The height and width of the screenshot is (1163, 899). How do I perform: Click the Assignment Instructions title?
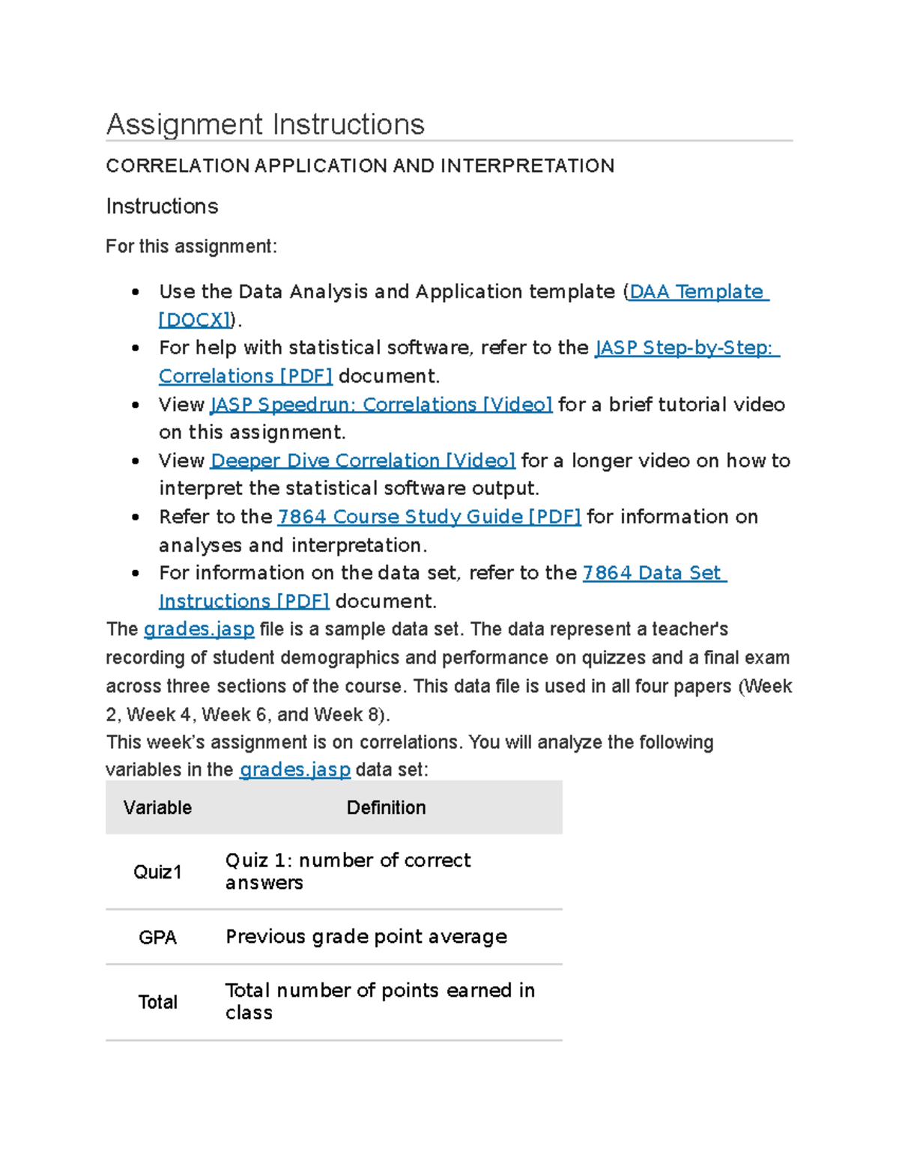(x=265, y=124)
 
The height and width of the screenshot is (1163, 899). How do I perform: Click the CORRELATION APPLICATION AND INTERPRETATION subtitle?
(x=360, y=166)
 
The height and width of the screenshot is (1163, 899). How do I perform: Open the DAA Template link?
(x=696, y=292)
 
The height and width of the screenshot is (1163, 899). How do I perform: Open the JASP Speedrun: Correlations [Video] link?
(x=381, y=405)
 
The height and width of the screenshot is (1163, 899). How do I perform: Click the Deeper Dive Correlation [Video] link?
(x=363, y=461)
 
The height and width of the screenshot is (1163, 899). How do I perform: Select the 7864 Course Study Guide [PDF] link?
(x=429, y=517)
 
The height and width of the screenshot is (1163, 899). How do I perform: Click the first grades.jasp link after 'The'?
(x=199, y=630)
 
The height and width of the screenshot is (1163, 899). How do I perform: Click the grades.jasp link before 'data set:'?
(x=294, y=771)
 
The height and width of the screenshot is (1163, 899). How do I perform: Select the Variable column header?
(x=157, y=808)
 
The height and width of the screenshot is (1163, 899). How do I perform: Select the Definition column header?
(x=386, y=808)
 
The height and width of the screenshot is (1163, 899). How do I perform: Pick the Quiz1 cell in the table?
(x=157, y=872)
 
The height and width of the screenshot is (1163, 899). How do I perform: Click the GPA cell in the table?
(x=157, y=938)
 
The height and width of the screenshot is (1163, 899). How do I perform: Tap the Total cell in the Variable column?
(x=157, y=1003)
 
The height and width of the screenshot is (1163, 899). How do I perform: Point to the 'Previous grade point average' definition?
(x=366, y=938)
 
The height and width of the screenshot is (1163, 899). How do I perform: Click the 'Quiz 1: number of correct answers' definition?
(x=348, y=872)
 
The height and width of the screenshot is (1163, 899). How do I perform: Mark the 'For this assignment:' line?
(x=191, y=247)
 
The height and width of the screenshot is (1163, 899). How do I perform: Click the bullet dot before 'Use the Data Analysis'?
(x=136, y=293)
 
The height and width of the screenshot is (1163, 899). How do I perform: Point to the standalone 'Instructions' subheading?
(x=162, y=207)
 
